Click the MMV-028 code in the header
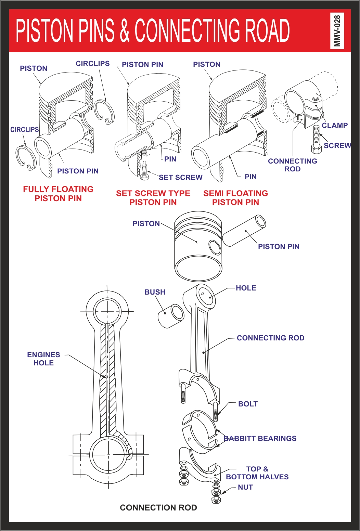(337, 30)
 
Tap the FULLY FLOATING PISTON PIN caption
(58, 194)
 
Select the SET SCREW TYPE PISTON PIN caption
(153, 198)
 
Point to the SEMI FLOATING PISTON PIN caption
(235, 198)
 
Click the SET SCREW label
(180, 177)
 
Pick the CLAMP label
(334, 125)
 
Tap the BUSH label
(155, 292)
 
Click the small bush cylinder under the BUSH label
(171, 315)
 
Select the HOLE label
(246, 288)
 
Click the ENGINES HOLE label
(43, 359)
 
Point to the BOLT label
(248, 404)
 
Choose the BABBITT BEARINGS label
(260, 438)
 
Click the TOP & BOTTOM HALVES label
(257, 473)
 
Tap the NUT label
(245, 487)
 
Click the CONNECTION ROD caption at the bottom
(158, 507)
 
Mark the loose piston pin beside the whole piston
(244, 231)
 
